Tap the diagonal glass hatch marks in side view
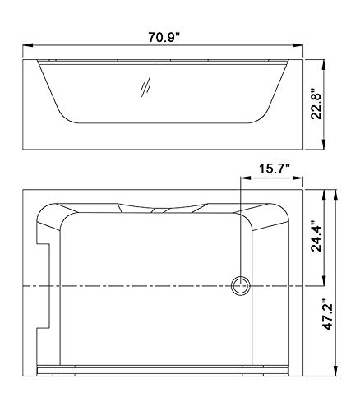tap(145, 87)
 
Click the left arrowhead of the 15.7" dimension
tap(242, 177)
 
